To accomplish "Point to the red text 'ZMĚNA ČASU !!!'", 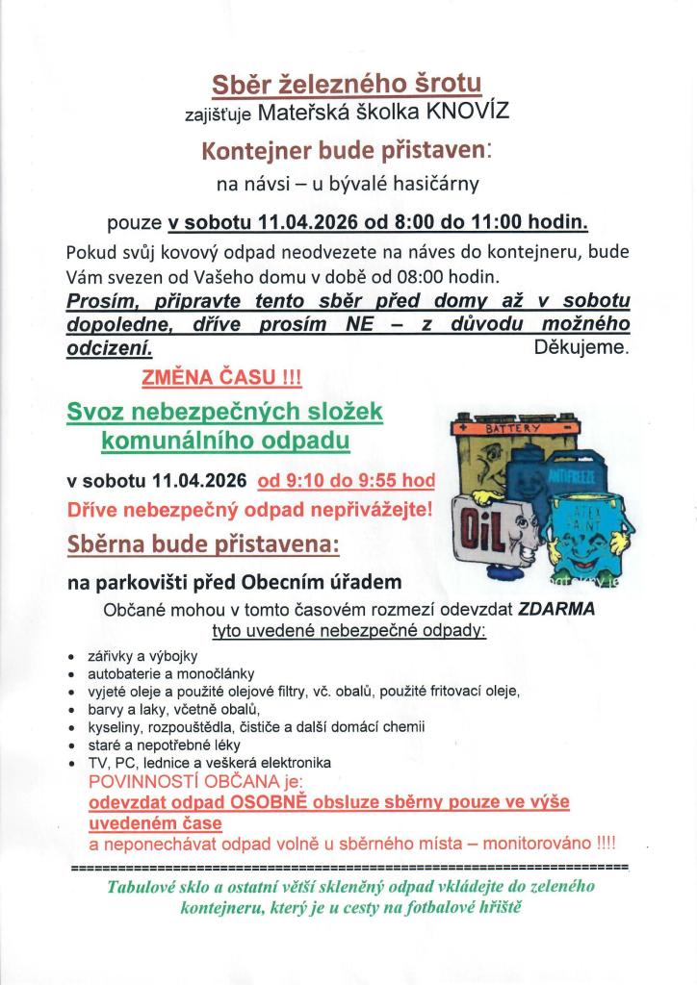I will (221, 378).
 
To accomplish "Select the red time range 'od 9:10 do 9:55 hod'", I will (347, 480).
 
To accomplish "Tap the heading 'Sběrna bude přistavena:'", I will (203, 544).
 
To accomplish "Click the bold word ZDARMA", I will (556, 610).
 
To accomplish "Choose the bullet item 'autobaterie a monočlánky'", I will (170, 673).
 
